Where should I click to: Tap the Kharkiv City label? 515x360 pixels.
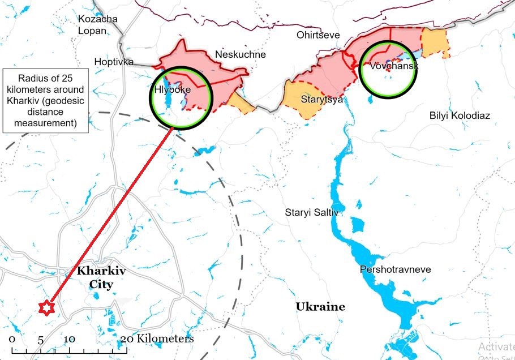[x=101, y=277]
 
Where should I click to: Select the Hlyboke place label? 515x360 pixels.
[x=173, y=89]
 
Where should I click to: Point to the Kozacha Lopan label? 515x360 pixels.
[x=98, y=25]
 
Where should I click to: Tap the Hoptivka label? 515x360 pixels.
[x=114, y=61]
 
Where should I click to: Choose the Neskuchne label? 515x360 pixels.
[x=241, y=54]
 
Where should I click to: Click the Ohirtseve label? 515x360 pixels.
[x=318, y=35]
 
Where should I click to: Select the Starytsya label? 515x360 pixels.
[x=321, y=100]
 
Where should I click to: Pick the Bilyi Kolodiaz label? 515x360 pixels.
[x=459, y=115]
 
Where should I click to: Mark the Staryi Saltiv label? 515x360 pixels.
[x=311, y=212]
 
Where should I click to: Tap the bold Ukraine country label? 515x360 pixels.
[x=320, y=307]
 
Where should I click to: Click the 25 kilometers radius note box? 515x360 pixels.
[x=45, y=101]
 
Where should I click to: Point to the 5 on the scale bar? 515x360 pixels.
[x=41, y=340]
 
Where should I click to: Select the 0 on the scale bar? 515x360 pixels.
[x=12, y=340]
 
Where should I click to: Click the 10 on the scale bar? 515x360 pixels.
[x=69, y=340]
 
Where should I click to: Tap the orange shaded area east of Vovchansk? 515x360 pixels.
[x=435, y=43]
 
